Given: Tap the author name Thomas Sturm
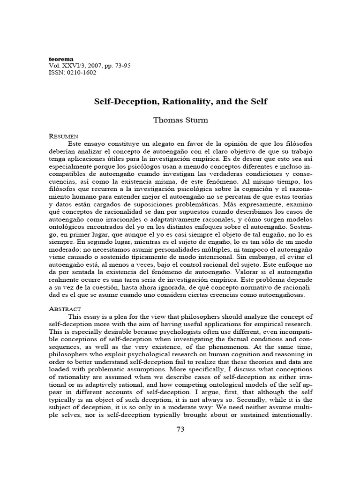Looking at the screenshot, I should (x=180, y=120).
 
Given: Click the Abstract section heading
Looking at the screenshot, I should (x=65, y=309).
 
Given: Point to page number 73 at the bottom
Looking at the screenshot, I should (x=180, y=431).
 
